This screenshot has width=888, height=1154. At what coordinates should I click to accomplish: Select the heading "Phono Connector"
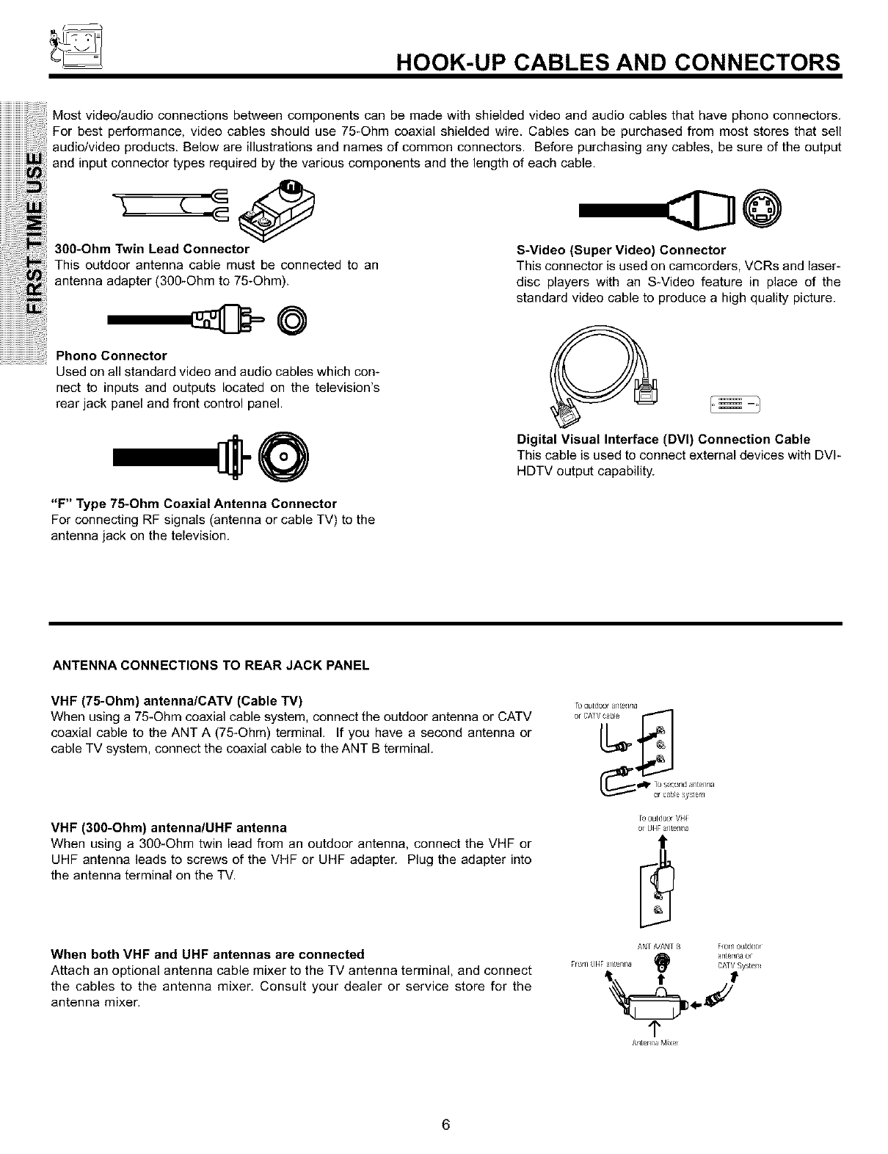pyautogui.click(x=112, y=356)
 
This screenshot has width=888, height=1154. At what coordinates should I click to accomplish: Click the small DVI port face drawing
pyautogui.click(x=732, y=403)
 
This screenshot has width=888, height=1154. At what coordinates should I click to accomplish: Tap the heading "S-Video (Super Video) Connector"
pyautogui.click(x=621, y=250)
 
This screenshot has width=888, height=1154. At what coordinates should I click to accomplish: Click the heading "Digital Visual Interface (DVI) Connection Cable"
pyautogui.click(x=663, y=439)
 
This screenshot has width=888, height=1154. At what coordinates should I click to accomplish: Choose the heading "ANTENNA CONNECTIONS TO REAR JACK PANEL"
pyautogui.click(x=211, y=666)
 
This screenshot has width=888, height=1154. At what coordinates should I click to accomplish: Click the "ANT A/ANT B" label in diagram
pyautogui.click(x=661, y=946)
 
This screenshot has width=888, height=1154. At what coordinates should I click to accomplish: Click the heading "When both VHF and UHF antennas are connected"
pyautogui.click(x=207, y=954)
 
